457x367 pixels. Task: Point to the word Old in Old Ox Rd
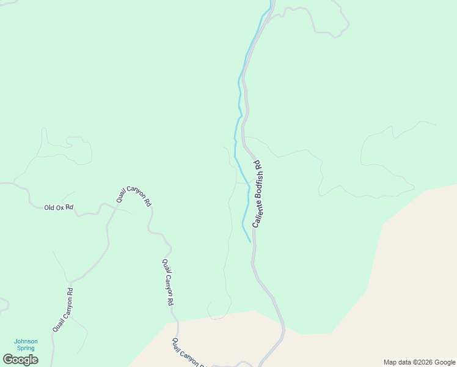pos(49,208)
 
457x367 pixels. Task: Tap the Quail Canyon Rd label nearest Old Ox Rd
pos(134,196)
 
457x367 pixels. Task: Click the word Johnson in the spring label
pos(26,341)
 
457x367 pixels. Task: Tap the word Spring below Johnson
pos(26,348)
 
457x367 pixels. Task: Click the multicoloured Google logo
pos(20,360)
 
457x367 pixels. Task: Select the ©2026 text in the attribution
pos(423,362)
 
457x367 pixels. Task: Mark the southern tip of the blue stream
pos(250,242)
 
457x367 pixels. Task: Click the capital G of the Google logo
pos(8,360)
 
